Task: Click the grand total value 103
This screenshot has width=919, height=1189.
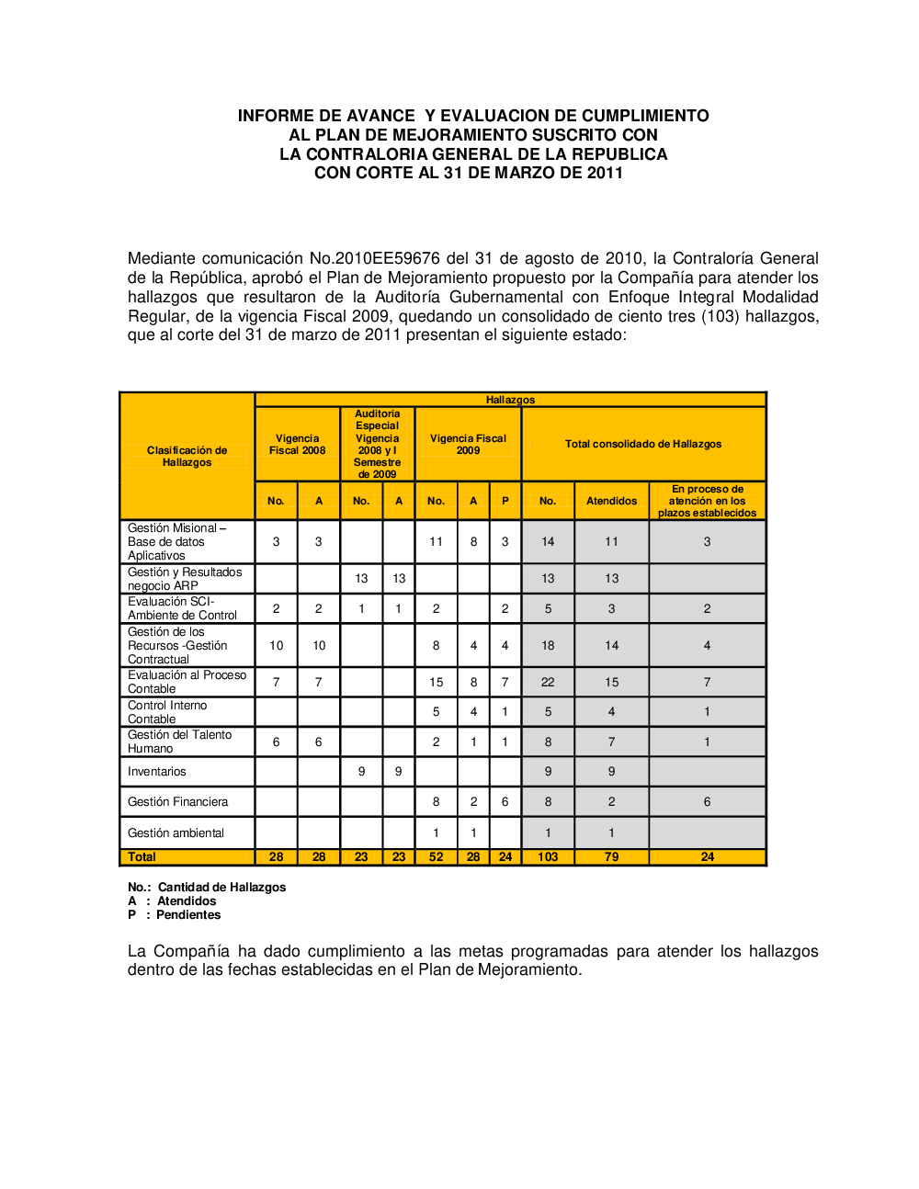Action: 548,856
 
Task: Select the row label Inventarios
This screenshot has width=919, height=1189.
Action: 157,772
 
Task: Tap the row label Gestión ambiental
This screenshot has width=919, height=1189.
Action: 176,833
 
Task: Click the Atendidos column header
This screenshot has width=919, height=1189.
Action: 611,501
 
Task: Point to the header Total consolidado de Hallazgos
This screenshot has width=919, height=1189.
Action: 643,444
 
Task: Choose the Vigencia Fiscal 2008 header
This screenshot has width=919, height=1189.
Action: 297,445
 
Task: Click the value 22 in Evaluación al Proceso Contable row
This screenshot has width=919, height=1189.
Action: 548,682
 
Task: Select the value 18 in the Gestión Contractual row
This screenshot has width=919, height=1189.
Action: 548,645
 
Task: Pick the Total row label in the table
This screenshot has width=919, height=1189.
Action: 142,856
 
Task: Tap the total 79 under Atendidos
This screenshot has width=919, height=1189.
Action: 611,856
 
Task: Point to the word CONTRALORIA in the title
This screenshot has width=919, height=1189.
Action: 367,154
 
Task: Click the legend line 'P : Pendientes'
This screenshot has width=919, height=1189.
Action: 175,914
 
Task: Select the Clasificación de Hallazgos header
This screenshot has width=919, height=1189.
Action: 187,457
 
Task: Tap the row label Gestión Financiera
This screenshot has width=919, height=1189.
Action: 177,802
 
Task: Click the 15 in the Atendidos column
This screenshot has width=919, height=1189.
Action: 611,682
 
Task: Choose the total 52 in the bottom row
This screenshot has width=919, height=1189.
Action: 436,856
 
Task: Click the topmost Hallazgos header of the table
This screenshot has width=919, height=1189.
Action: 510,400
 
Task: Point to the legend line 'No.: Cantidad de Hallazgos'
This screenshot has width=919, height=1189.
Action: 207,887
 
